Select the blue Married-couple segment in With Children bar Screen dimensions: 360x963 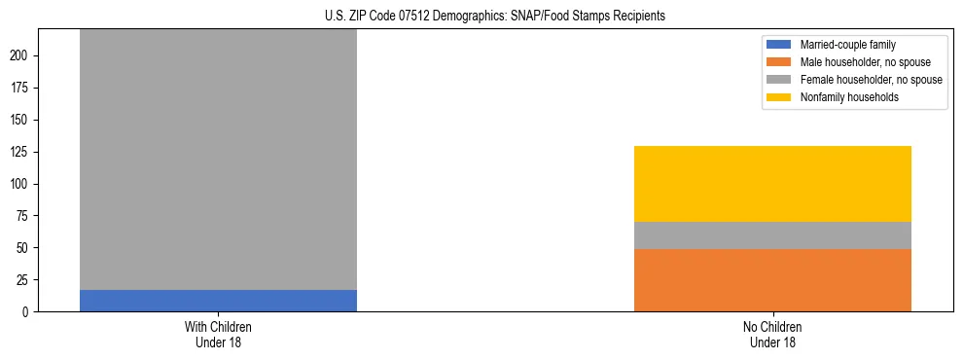(x=218, y=301)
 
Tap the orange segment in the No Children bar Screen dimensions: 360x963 (x=772, y=280)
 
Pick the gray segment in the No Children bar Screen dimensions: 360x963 (x=772, y=235)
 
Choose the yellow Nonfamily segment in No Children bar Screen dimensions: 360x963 (x=772, y=184)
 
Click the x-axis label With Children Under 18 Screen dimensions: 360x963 (x=218, y=335)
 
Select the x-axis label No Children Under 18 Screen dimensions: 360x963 (x=772, y=335)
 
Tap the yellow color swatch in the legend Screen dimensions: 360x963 (x=780, y=97)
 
